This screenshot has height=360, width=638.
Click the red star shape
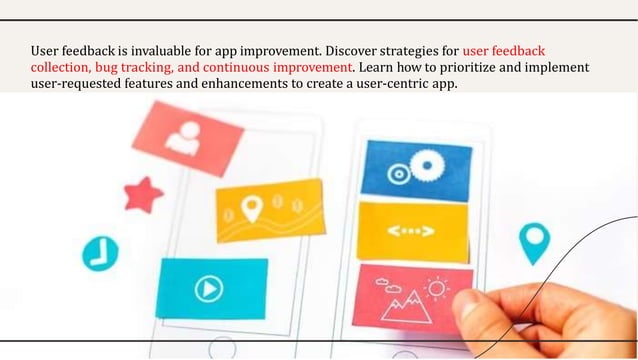click(x=143, y=194)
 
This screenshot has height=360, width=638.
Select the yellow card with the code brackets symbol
click(x=412, y=232)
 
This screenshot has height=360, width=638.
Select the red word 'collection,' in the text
click(x=60, y=67)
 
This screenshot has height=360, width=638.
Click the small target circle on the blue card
click(x=398, y=173)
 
